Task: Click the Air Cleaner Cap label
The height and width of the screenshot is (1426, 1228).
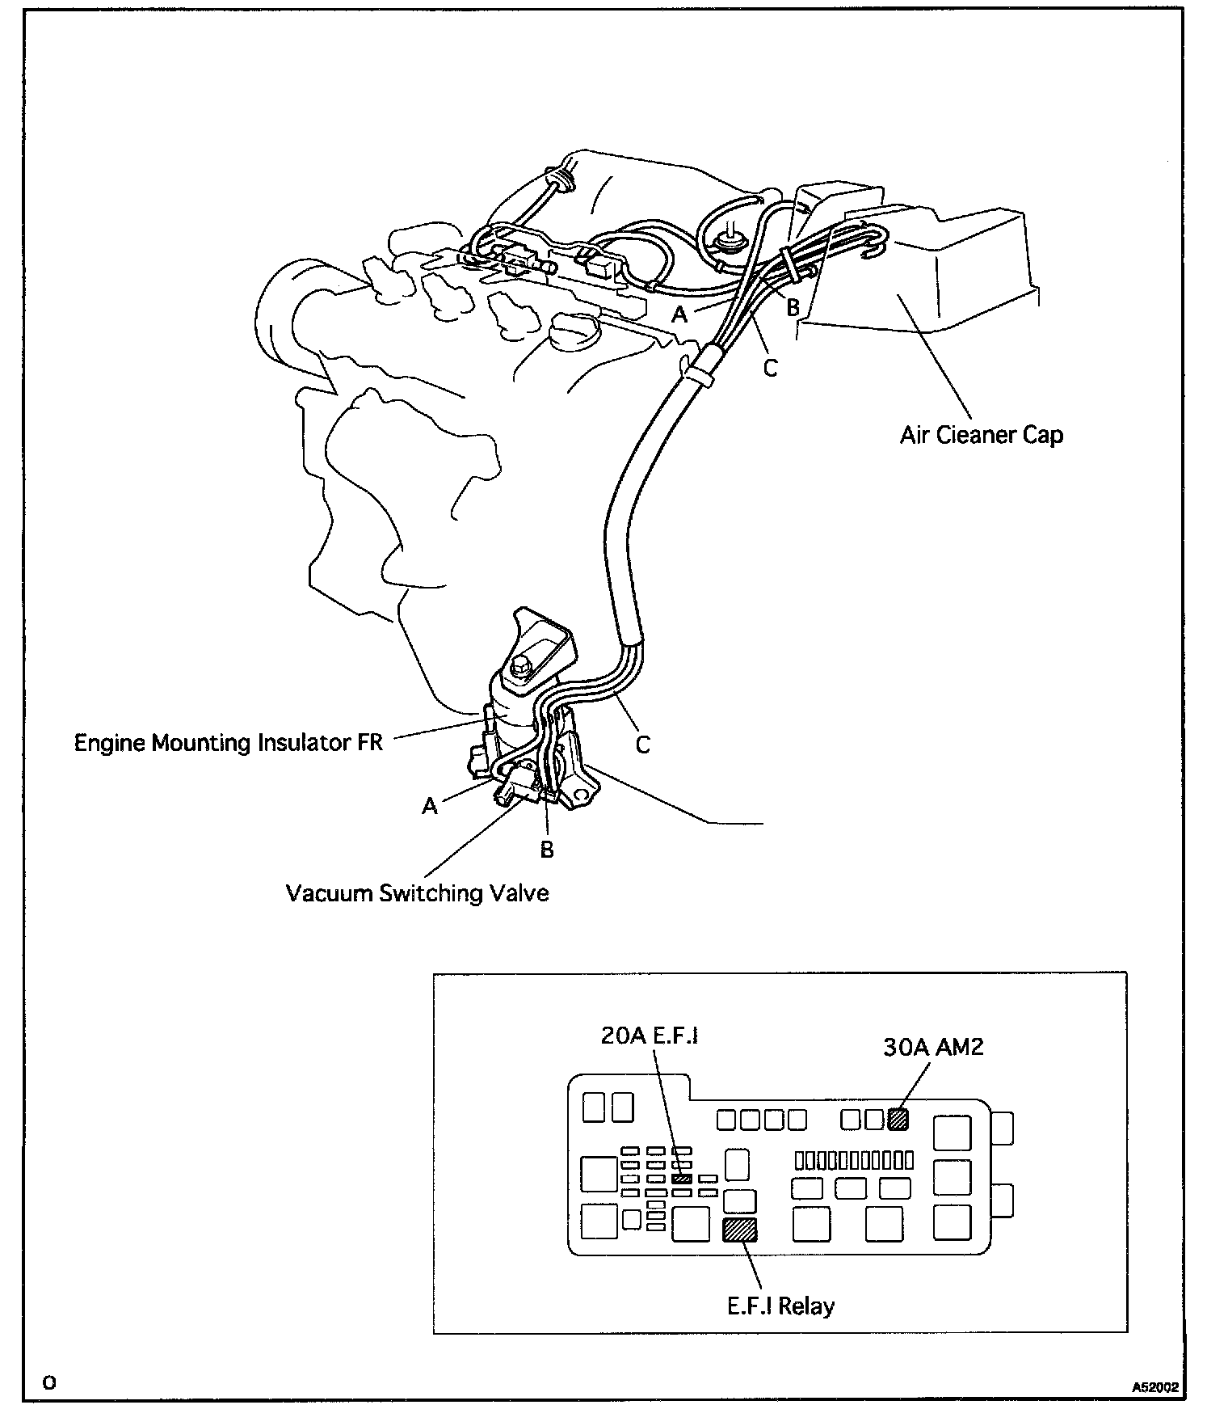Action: [x=981, y=435]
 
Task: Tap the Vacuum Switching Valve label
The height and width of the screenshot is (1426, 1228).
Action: [x=417, y=893]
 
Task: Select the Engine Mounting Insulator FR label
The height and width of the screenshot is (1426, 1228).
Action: [x=228, y=743]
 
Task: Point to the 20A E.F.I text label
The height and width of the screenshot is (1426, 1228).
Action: [x=649, y=1036]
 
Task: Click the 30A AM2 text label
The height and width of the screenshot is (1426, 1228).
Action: [x=933, y=1047]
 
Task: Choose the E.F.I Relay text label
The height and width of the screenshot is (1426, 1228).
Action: [x=780, y=1306]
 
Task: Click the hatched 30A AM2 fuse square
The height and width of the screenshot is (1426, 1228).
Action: [x=898, y=1120]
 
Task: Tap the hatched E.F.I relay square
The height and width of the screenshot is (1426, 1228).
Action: [x=739, y=1230]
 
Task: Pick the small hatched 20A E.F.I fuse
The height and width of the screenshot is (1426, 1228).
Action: [x=682, y=1179]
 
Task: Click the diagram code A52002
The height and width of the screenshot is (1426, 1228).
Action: [x=1154, y=1387]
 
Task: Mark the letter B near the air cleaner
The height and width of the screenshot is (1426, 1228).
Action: [x=793, y=308]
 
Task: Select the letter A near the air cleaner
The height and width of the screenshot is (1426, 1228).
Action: [x=680, y=314]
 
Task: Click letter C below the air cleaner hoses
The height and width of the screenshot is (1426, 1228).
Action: [x=770, y=368]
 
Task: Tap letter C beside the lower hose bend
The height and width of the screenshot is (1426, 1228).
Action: [x=642, y=745]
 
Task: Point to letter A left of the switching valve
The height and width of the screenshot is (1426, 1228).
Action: [x=430, y=805]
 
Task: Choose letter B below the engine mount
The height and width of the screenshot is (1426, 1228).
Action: [x=547, y=850]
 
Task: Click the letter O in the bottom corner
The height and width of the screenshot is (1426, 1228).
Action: [x=49, y=1383]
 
